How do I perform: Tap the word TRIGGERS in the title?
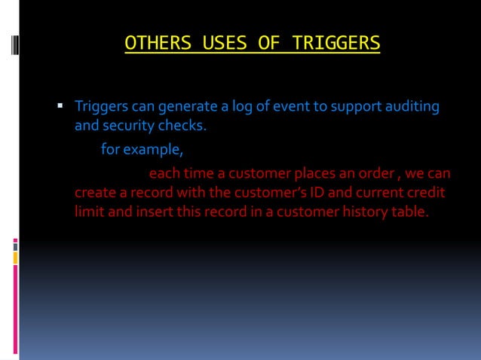[332, 43]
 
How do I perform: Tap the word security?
[126, 124]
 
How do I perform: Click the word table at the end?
[409, 212]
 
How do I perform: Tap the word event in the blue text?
[290, 106]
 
